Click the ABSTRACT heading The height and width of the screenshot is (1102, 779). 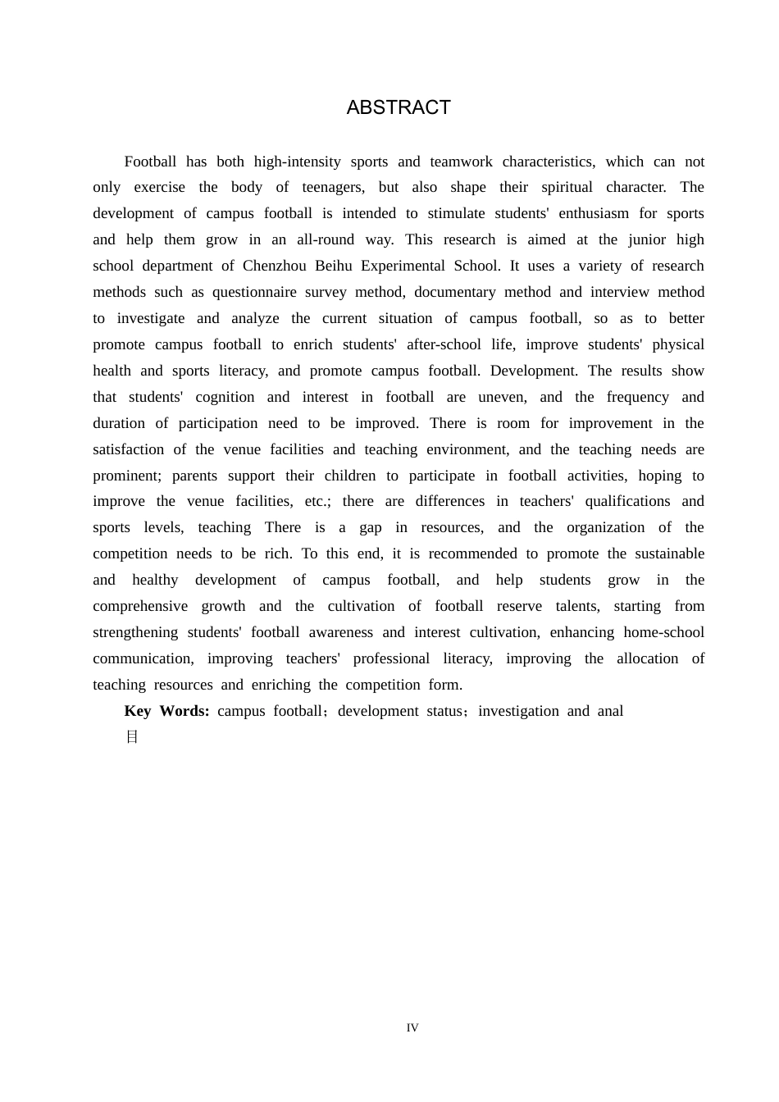coord(399,107)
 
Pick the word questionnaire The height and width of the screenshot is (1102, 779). coord(254,292)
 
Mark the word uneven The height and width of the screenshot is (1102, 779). coord(503,397)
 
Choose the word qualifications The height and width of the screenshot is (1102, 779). coord(628,501)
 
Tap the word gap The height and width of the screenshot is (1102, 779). coord(371,527)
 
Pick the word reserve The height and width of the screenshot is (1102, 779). coord(519,606)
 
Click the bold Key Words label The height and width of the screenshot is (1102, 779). coord(166,711)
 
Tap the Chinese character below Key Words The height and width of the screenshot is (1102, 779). coord(131,737)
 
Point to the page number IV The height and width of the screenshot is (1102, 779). coord(412,1027)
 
